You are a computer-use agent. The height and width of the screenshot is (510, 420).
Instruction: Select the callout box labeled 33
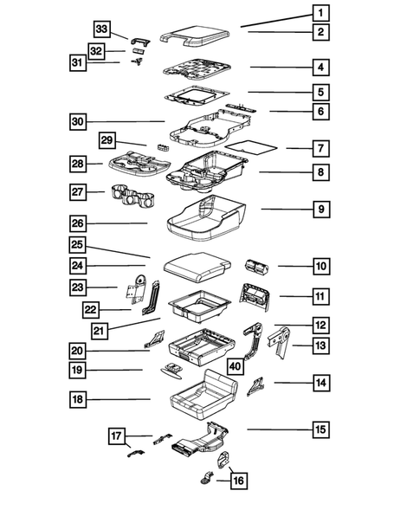[101, 30]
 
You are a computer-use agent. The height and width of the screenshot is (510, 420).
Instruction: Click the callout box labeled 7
[320, 148]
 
